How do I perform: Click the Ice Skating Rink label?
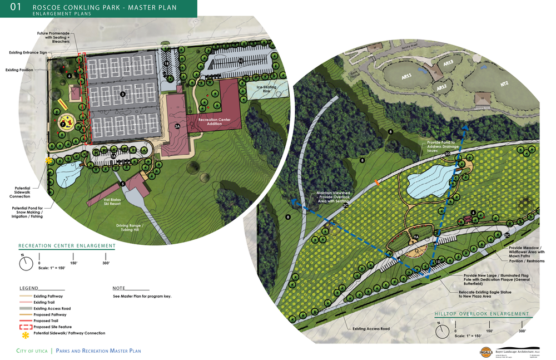pyautogui.click(x=266, y=89)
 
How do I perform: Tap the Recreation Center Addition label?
pyautogui.click(x=214, y=121)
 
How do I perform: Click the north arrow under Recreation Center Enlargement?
pyautogui.click(x=26, y=264)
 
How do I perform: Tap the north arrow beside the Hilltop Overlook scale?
pyautogui.click(x=443, y=331)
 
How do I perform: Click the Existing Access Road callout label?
pyautogui.click(x=371, y=329)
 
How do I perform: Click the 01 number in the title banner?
pyautogui.click(x=17, y=8)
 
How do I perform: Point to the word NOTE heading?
pyautogui.click(x=119, y=288)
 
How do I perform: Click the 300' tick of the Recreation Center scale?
pyautogui.click(x=106, y=263)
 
